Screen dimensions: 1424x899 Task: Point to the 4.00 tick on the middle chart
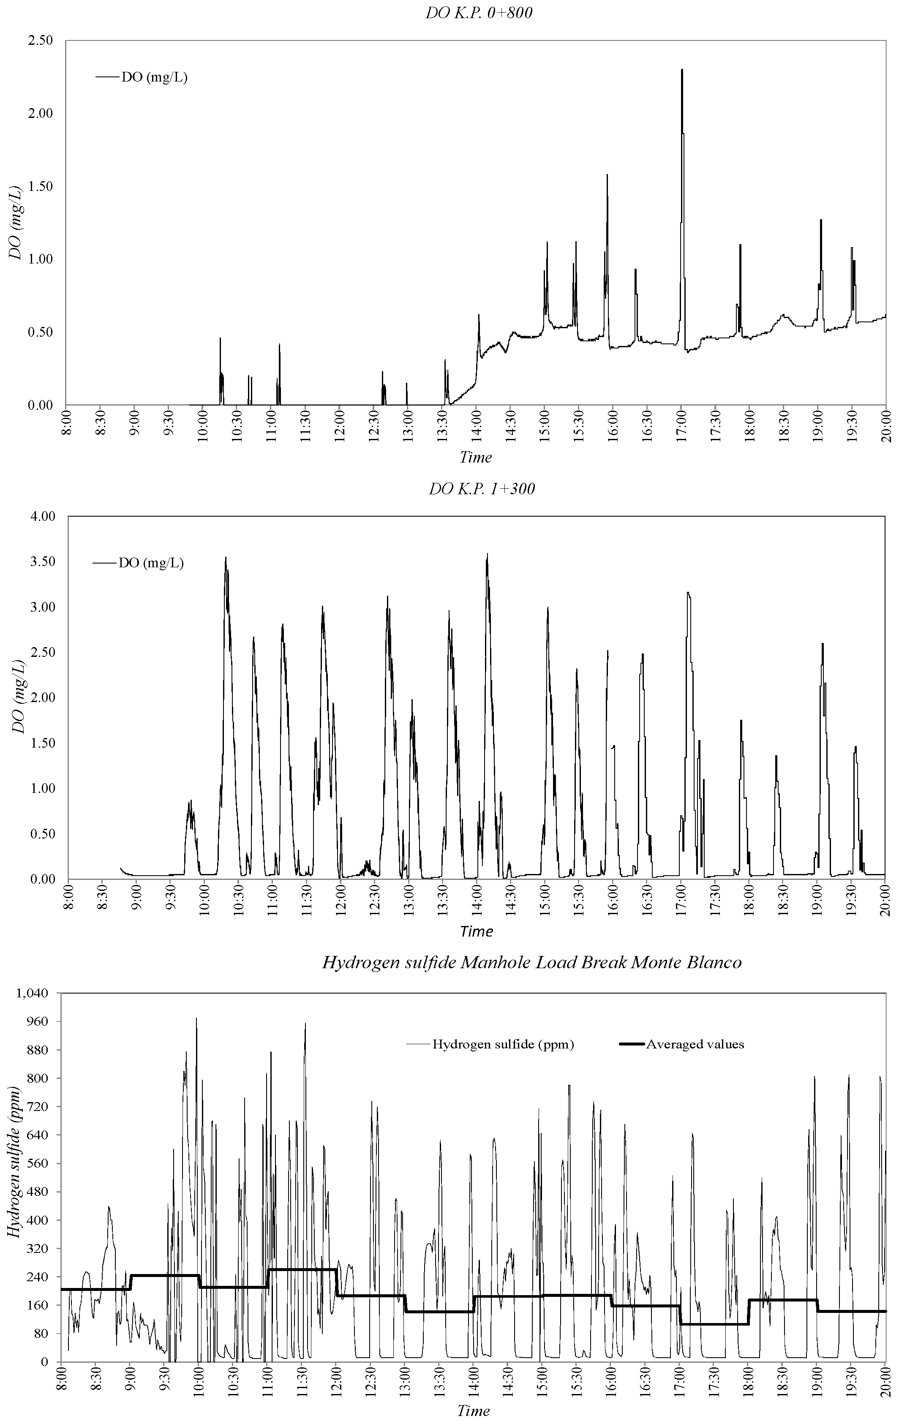tap(43, 516)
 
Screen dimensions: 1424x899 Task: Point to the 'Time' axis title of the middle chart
tap(476, 931)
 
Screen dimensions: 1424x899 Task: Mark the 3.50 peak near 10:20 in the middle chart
tap(225, 558)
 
